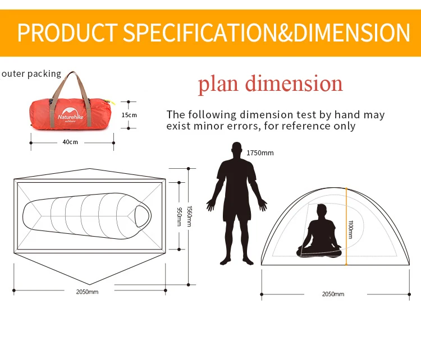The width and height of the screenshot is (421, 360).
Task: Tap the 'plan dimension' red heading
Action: point(270,84)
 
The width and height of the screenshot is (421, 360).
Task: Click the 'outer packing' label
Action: point(31,73)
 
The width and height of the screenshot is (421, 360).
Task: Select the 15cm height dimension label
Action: point(129,115)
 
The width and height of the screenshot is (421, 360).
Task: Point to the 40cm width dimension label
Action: point(70,142)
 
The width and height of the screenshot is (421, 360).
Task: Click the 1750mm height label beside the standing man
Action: point(260,153)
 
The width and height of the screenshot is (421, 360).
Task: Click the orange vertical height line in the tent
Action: point(346,224)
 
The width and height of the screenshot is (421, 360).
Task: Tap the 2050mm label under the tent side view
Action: point(333,294)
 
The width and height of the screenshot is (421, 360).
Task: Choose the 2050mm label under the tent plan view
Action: point(87,292)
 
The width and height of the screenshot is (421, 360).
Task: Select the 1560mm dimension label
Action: point(189,215)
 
